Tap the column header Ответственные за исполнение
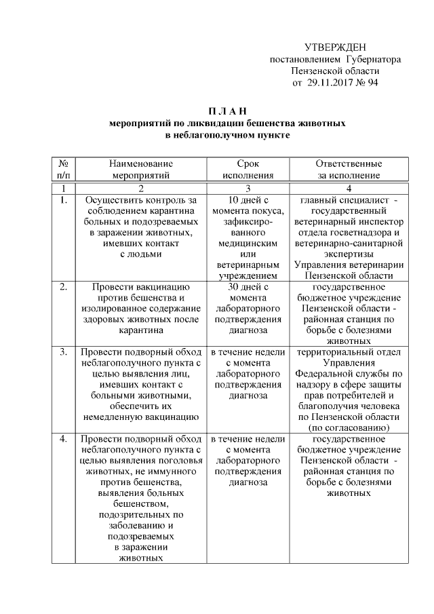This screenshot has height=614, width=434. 349,169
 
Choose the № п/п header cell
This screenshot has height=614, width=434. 62,169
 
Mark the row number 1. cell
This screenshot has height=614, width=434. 62,200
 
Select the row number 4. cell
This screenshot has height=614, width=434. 62,439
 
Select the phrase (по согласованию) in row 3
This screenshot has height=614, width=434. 349,428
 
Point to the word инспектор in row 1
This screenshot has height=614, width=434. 382,222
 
